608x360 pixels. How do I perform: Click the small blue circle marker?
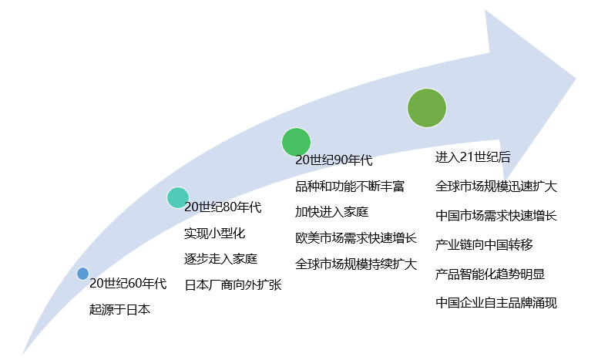(82, 273)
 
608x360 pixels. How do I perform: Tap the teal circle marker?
(178, 198)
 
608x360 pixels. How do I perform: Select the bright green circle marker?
(296, 142)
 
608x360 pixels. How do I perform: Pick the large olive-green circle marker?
(427, 108)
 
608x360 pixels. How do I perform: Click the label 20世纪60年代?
(128, 284)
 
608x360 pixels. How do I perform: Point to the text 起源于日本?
(119, 310)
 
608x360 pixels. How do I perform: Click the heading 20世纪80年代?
(223, 207)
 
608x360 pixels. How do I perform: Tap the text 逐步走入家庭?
(220, 258)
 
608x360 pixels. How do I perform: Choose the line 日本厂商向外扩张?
(233, 284)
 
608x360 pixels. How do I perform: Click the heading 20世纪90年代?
(334, 160)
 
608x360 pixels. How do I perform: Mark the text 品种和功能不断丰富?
(350, 187)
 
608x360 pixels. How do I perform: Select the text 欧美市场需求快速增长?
(356, 238)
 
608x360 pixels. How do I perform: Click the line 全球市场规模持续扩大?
(356, 264)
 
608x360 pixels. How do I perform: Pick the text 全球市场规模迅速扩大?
(496, 187)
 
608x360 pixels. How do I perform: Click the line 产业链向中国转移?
(484, 244)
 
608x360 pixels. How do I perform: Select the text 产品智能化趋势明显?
(490, 274)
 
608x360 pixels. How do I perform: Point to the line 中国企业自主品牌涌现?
(496, 302)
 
